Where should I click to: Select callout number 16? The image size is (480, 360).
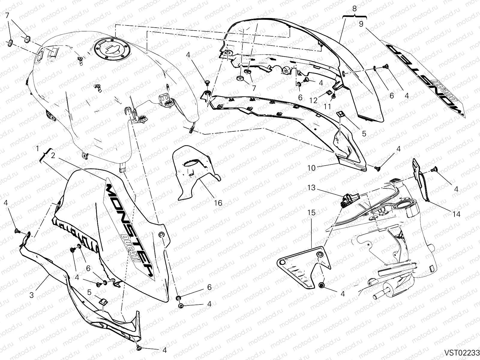click(218, 203)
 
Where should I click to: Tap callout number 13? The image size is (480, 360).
click(311, 188)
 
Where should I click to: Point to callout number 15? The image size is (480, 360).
click(311, 213)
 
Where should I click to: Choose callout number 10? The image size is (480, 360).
click(311, 168)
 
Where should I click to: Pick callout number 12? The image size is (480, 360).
click(313, 101)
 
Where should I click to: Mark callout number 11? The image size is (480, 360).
click(327, 106)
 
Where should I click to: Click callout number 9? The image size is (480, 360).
click(361, 24)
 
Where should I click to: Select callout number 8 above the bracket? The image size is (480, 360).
click(355, 9)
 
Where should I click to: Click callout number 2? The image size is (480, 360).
click(53, 155)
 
